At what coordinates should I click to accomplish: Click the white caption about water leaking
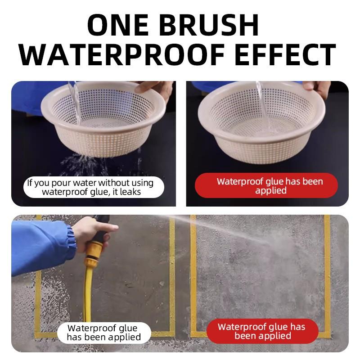tap(94, 187)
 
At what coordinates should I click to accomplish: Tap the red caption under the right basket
tap(266, 185)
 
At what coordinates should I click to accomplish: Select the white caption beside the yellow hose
tap(104, 333)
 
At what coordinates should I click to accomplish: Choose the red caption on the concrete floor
tap(262, 331)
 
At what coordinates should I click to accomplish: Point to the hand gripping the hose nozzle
tap(94, 232)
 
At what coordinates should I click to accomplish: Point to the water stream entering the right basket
tap(263, 106)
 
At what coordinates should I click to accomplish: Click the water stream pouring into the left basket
tap(75, 101)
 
